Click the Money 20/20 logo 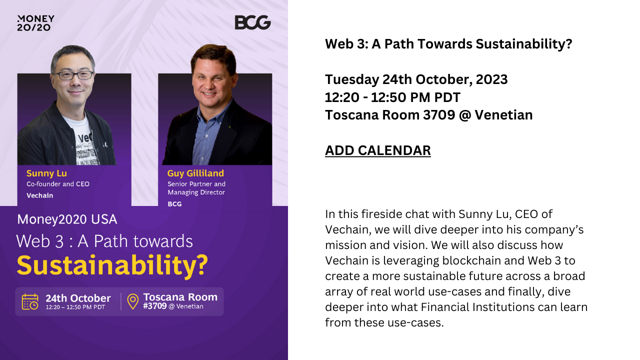[35, 23]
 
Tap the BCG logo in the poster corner [252, 22]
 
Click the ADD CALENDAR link [377, 150]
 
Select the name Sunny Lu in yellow [46, 173]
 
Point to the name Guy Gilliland [195, 173]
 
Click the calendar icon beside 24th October [30, 301]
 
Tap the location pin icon [132, 301]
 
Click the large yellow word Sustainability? [112, 265]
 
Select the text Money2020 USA [67, 219]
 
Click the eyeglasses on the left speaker [73, 75]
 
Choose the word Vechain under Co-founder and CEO [39, 195]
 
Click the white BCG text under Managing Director [174, 204]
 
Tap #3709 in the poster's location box [155, 306]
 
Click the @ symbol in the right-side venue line [465, 115]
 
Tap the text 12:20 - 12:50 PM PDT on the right [392, 97]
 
